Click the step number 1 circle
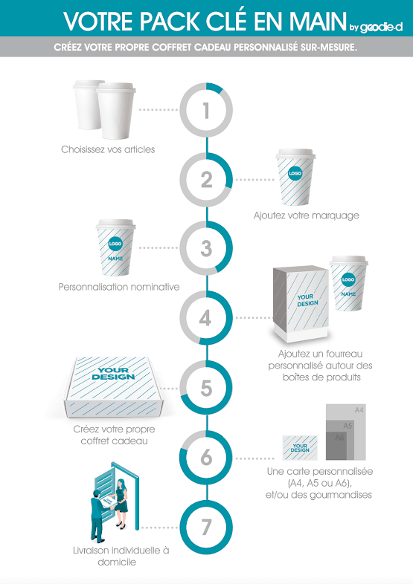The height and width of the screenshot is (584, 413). point(206,84)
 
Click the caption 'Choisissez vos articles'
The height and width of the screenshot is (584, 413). point(108,149)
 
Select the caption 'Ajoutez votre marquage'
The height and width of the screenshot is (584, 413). point(307,215)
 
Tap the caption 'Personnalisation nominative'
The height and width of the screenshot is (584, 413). point(119,287)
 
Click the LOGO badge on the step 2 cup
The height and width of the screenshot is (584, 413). point(295,173)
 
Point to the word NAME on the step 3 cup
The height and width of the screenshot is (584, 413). point(115,258)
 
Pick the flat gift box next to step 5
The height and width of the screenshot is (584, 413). point(114,387)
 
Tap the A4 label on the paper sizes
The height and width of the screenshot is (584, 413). point(359,410)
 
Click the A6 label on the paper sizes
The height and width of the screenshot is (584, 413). point(339,437)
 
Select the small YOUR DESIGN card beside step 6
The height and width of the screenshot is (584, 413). point(300,448)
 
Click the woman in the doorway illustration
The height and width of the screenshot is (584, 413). point(121,503)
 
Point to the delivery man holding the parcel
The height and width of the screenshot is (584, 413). point(97,516)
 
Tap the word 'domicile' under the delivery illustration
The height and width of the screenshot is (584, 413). point(117,562)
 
